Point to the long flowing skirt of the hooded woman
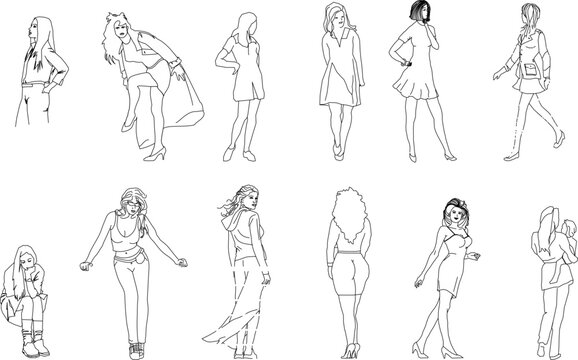pyautogui.click(x=231, y=300)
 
